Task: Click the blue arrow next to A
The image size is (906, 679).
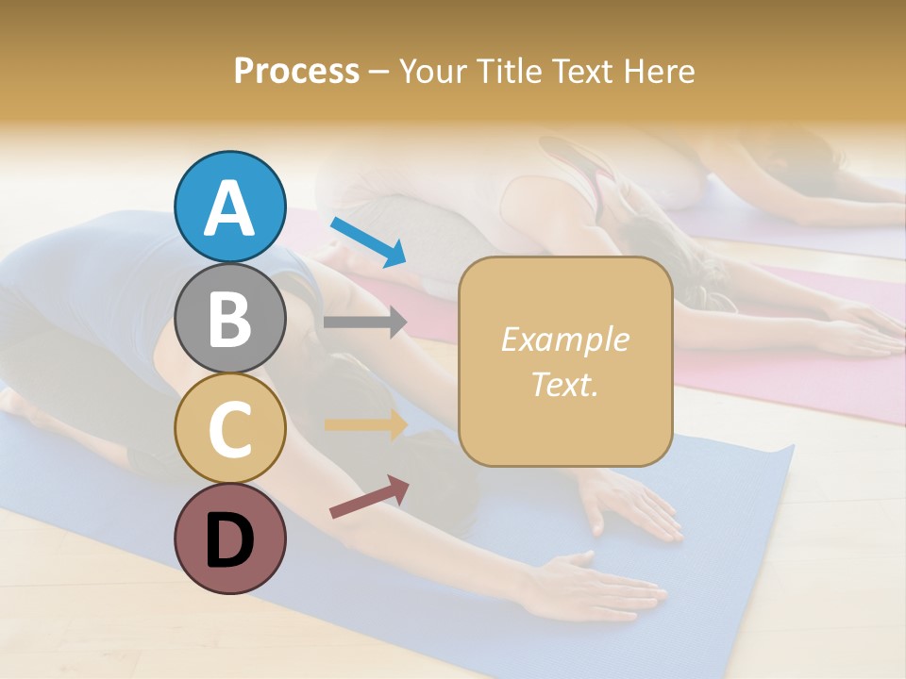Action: (x=368, y=240)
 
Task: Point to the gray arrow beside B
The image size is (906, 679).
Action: (x=365, y=322)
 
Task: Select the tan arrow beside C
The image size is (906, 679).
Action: (x=365, y=425)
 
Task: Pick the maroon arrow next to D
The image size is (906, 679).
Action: (x=369, y=497)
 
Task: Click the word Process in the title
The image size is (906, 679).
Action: (x=296, y=72)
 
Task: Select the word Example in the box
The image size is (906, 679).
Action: (x=564, y=339)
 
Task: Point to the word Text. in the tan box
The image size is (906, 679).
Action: (x=564, y=385)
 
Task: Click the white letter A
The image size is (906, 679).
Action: (x=229, y=207)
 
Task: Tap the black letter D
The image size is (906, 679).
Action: (x=229, y=540)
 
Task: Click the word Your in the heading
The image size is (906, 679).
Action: (x=432, y=72)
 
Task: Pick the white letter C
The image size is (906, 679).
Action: (x=229, y=429)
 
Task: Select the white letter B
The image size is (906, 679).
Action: (x=229, y=320)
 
